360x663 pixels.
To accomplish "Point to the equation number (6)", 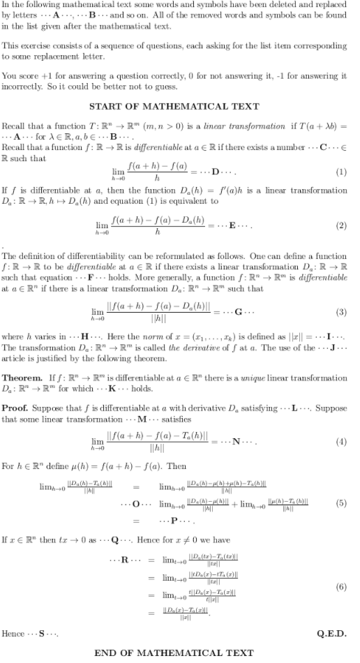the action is point(342,588).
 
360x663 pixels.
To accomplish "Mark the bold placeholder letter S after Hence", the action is point(42,632).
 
